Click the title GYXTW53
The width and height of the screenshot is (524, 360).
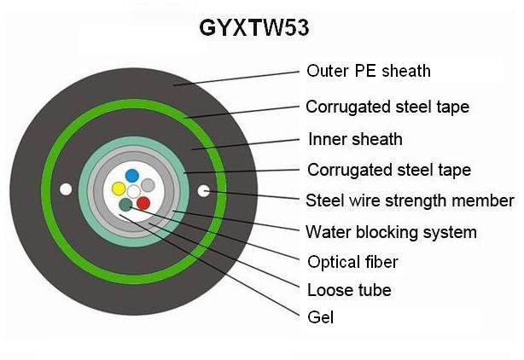[x=254, y=27]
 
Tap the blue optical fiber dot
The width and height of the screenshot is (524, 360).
[x=132, y=176]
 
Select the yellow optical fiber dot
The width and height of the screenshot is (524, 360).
[x=119, y=189]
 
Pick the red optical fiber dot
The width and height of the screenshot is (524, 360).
[x=143, y=203]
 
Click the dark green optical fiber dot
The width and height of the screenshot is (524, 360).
[x=125, y=205]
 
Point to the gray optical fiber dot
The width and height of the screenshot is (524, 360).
[x=148, y=185]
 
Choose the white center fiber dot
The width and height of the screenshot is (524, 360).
[x=134, y=192]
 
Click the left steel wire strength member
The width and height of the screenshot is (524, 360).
[x=66, y=189]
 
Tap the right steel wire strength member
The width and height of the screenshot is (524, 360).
[x=203, y=191]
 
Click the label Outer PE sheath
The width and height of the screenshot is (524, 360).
[x=369, y=71]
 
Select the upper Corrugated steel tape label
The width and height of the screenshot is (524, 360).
[x=387, y=107]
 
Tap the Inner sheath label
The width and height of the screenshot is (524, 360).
[x=355, y=139]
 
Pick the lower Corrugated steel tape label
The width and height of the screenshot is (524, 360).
[x=389, y=170]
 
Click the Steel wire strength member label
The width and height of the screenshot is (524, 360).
[x=410, y=200]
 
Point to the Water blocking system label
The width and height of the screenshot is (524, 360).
[x=392, y=232]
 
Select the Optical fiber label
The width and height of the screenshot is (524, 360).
[x=353, y=262]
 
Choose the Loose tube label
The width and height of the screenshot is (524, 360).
[x=349, y=290]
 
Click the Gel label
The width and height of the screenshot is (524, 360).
[x=321, y=317]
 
